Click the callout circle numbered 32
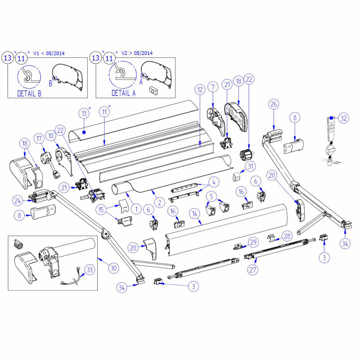[344, 118]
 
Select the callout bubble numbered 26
[274, 104]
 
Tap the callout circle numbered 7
[213, 87]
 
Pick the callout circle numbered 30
[114, 268]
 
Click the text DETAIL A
[123, 93]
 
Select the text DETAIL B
[29, 94]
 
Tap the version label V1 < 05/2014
[49, 53]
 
